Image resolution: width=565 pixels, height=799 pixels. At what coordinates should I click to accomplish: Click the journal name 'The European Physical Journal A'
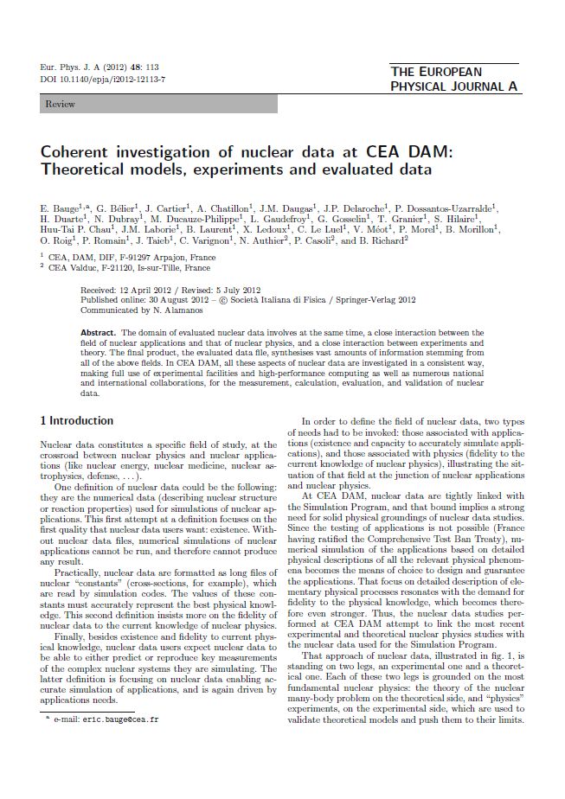pos(453,79)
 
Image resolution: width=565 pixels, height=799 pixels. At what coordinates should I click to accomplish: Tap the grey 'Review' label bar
pos(159,104)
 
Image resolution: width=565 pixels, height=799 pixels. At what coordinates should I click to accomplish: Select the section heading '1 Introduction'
pos(77,420)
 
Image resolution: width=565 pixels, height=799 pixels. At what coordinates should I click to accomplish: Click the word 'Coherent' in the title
pos(76,152)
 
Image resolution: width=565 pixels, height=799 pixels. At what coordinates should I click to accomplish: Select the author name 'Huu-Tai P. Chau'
pos(72,230)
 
